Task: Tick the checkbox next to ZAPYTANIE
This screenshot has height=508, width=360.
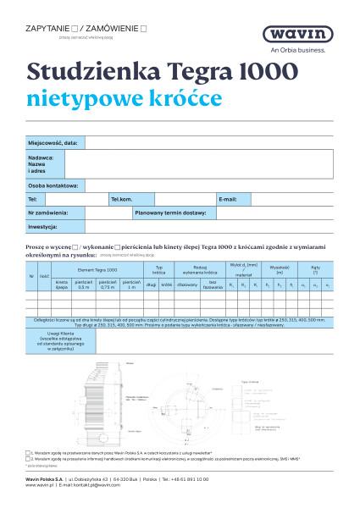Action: [x=75, y=29]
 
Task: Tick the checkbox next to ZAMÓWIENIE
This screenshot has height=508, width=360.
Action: [x=144, y=29]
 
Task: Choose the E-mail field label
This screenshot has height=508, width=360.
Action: [x=228, y=198]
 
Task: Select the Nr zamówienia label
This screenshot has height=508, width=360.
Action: [x=48, y=213]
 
